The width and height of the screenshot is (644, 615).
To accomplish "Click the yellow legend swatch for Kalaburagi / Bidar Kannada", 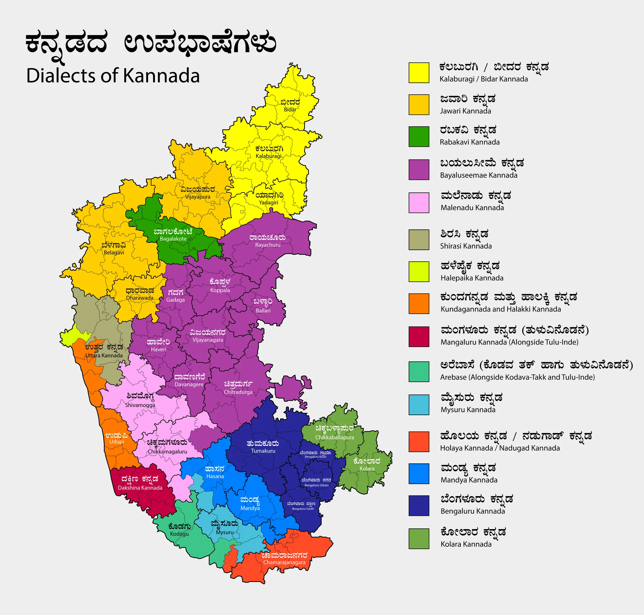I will click(x=419, y=72).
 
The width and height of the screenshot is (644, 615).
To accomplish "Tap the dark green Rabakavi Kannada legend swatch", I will click(x=419, y=136).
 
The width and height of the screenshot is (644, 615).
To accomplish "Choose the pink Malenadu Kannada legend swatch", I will click(x=419, y=203).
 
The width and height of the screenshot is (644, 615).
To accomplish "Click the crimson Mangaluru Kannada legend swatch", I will click(x=419, y=336).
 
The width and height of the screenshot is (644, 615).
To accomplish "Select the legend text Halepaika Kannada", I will click(x=471, y=278).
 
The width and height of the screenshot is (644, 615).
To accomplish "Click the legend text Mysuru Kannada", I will click(x=468, y=409).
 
